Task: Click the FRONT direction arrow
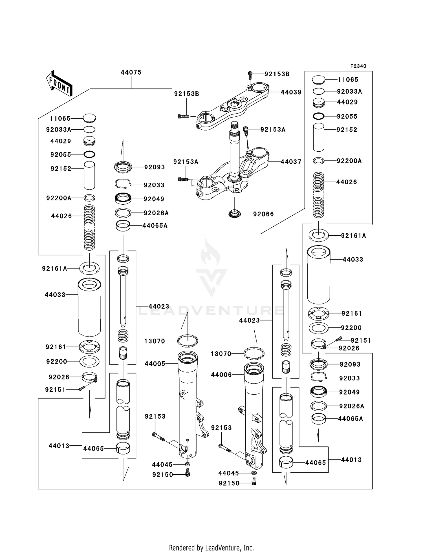click(59, 83)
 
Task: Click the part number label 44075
click(131, 72)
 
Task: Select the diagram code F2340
click(358, 66)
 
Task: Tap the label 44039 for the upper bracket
click(291, 92)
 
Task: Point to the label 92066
click(263, 214)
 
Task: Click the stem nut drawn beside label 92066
click(234, 214)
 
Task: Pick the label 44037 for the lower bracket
click(291, 162)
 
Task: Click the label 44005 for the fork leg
click(155, 364)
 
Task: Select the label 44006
click(221, 375)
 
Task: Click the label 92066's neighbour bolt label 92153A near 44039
click(273, 130)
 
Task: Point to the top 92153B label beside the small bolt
click(277, 74)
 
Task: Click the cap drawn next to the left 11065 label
click(89, 118)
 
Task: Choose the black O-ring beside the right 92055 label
click(319, 116)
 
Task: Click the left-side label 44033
click(55, 295)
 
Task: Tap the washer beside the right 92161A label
click(319, 235)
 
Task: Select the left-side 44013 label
click(59, 446)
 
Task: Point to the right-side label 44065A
click(351, 419)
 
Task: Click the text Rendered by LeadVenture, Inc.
click(211, 548)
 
